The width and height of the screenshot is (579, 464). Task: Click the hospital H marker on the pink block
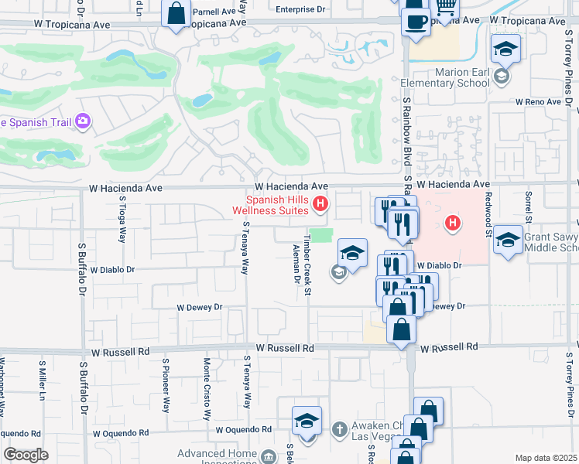[x=454, y=224]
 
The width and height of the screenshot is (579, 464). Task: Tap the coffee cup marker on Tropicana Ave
[x=416, y=20]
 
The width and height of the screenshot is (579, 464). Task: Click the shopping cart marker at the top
[x=445, y=8]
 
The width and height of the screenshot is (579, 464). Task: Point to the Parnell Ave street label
[x=214, y=12]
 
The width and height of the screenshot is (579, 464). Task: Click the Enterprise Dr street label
[x=301, y=10]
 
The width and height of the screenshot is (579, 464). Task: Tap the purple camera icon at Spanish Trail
[x=83, y=121]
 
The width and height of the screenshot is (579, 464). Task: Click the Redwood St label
[x=489, y=217]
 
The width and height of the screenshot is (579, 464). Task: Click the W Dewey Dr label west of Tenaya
[x=200, y=307]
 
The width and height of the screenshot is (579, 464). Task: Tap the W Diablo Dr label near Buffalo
[x=112, y=271]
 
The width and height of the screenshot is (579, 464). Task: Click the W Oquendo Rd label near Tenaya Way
[x=244, y=429]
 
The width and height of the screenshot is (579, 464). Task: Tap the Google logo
[x=26, y=455]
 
